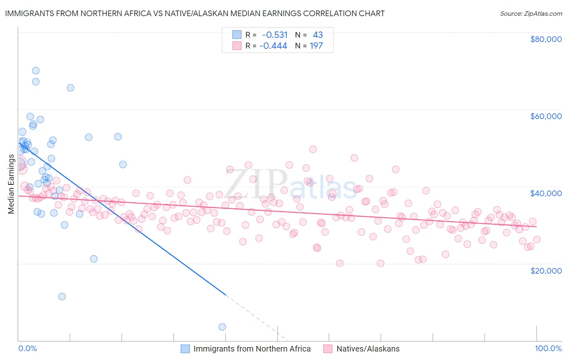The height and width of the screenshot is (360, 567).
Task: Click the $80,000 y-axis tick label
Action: [x=546, y=39]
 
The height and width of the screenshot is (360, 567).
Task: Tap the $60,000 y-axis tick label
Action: [x=546, y=116]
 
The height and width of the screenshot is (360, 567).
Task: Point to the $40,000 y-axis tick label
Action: [x=546, y=193]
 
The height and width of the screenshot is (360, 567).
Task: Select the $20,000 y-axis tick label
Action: [x=546, y=270]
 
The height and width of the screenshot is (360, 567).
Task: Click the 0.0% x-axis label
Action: [x=28, y=348]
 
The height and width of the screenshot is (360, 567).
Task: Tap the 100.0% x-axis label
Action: [x=548, y=348]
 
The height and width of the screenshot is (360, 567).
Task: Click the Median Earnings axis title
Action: [x=11, y=184]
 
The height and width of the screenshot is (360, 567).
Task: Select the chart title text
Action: [x=195, y=13]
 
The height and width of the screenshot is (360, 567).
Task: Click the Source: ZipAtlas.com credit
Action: [x=531, y=13]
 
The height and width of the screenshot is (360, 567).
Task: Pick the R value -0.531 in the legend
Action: [x=275, y=35]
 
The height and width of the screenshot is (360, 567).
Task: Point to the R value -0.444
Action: [x=273, y=46]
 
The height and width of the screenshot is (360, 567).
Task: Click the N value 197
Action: [x=316, y=46]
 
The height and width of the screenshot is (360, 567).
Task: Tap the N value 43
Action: [x=318, y=35]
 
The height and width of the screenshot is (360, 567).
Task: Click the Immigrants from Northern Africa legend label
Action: [x=252, y=349]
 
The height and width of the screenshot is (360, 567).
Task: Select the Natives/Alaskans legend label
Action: [x=368, y=349]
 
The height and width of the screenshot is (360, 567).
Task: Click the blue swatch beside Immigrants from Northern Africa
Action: [x=185, y=349]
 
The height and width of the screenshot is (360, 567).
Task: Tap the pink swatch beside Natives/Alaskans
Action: [x=327, y=349]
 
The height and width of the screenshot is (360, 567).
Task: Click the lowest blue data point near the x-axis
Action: [x=222, y=327]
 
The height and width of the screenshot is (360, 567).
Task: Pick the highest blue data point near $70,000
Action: [x=35, y=71]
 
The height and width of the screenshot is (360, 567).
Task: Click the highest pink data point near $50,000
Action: [x=313, y=149]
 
